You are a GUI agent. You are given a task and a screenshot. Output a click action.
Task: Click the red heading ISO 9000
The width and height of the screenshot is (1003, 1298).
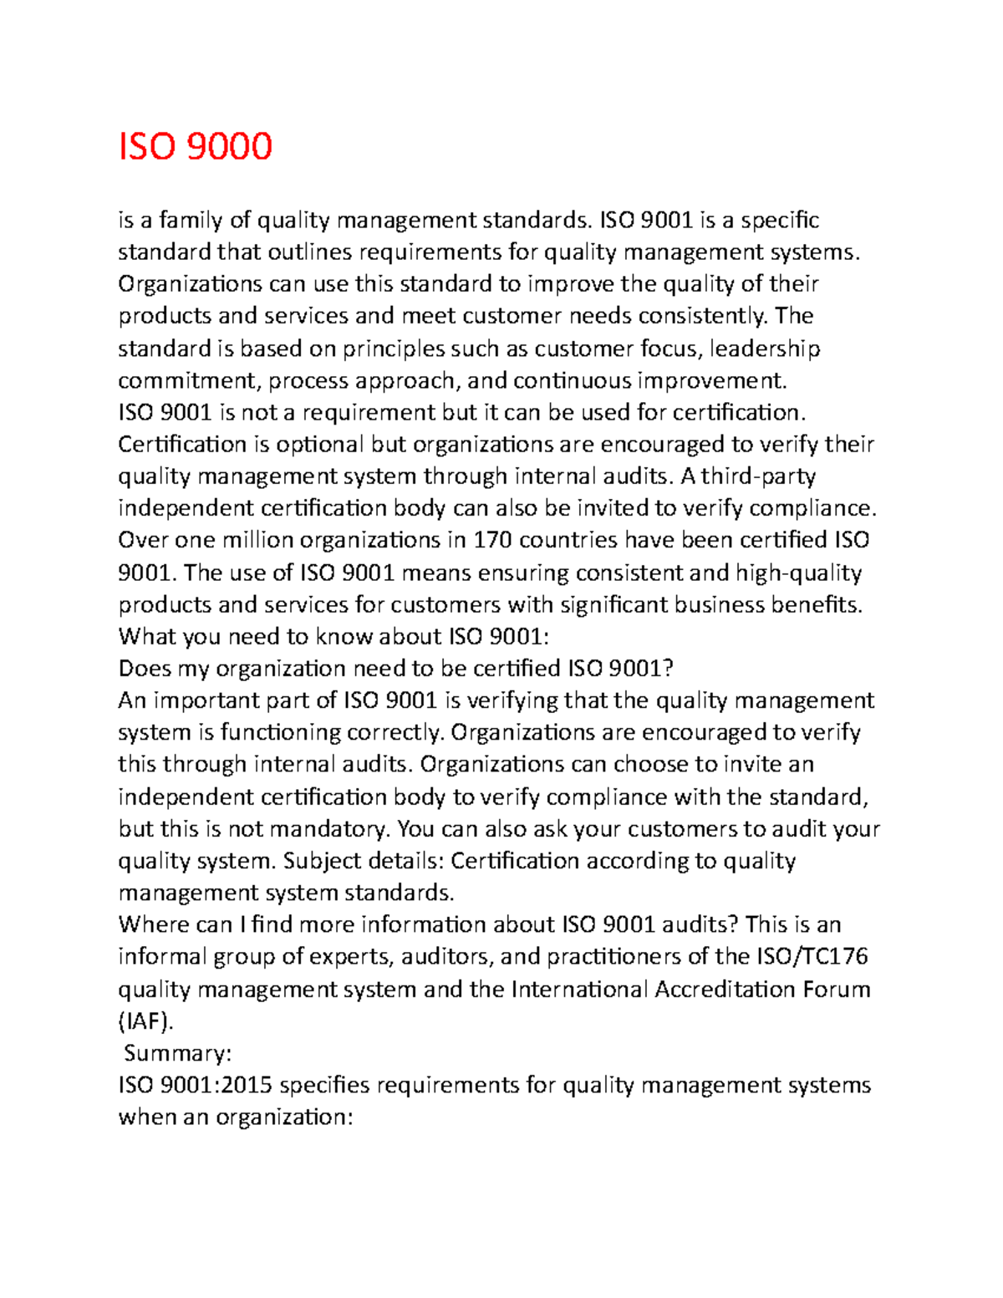196,146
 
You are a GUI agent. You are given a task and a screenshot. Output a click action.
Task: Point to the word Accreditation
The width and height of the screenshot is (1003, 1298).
725,989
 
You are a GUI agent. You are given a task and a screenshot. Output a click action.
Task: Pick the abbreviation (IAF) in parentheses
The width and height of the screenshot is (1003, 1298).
147,1021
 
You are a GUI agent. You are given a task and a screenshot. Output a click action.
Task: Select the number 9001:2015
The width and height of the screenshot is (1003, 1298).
216,1085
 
